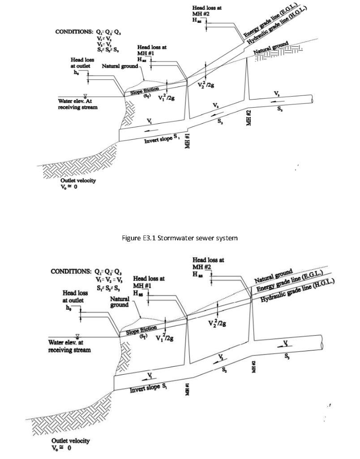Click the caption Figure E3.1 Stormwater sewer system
point(180,238)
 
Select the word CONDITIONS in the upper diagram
point(74,32)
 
